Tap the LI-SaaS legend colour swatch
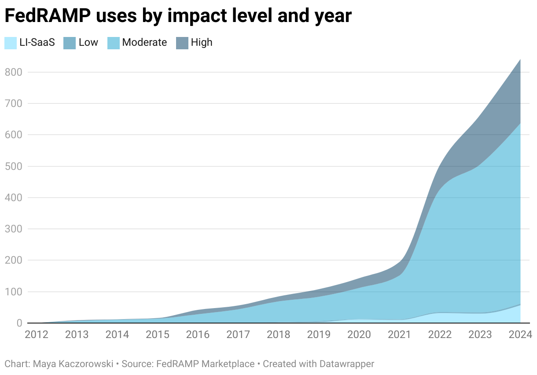[11, 43]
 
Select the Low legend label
[88, 43]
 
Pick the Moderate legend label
[144, 43]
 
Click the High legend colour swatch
[182, 43]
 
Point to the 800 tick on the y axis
[13, 72]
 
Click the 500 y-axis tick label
[13, 166]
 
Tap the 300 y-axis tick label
[13, 229]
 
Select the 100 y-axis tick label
[13, 292]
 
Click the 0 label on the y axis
[19, 323]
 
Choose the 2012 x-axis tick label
[37, 335]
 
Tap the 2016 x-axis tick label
[198, 335]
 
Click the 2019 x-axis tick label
[319, 335]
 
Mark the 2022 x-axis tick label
[440, 335]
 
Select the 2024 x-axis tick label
[520, 335]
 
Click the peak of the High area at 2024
[520, 59]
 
